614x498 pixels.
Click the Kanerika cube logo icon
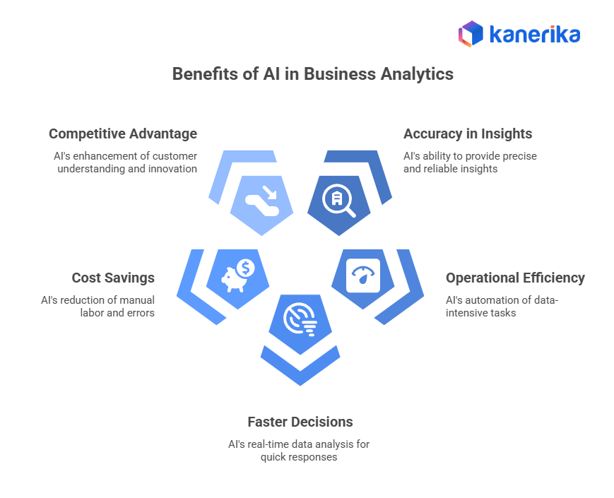point(470,34)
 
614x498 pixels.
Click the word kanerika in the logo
point(534,34)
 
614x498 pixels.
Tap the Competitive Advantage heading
point(123,134)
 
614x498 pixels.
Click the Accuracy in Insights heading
point(468,134)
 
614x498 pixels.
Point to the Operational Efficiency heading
point(515,278)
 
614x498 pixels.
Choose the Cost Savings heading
point(113,278)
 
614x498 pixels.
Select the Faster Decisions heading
point(300,422)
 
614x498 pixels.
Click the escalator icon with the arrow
point(261,200)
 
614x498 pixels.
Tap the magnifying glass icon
point(338,200)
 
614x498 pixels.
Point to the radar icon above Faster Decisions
point(300,320)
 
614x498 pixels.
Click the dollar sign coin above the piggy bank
point(246,268)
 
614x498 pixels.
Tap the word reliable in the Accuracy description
point(440,169)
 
